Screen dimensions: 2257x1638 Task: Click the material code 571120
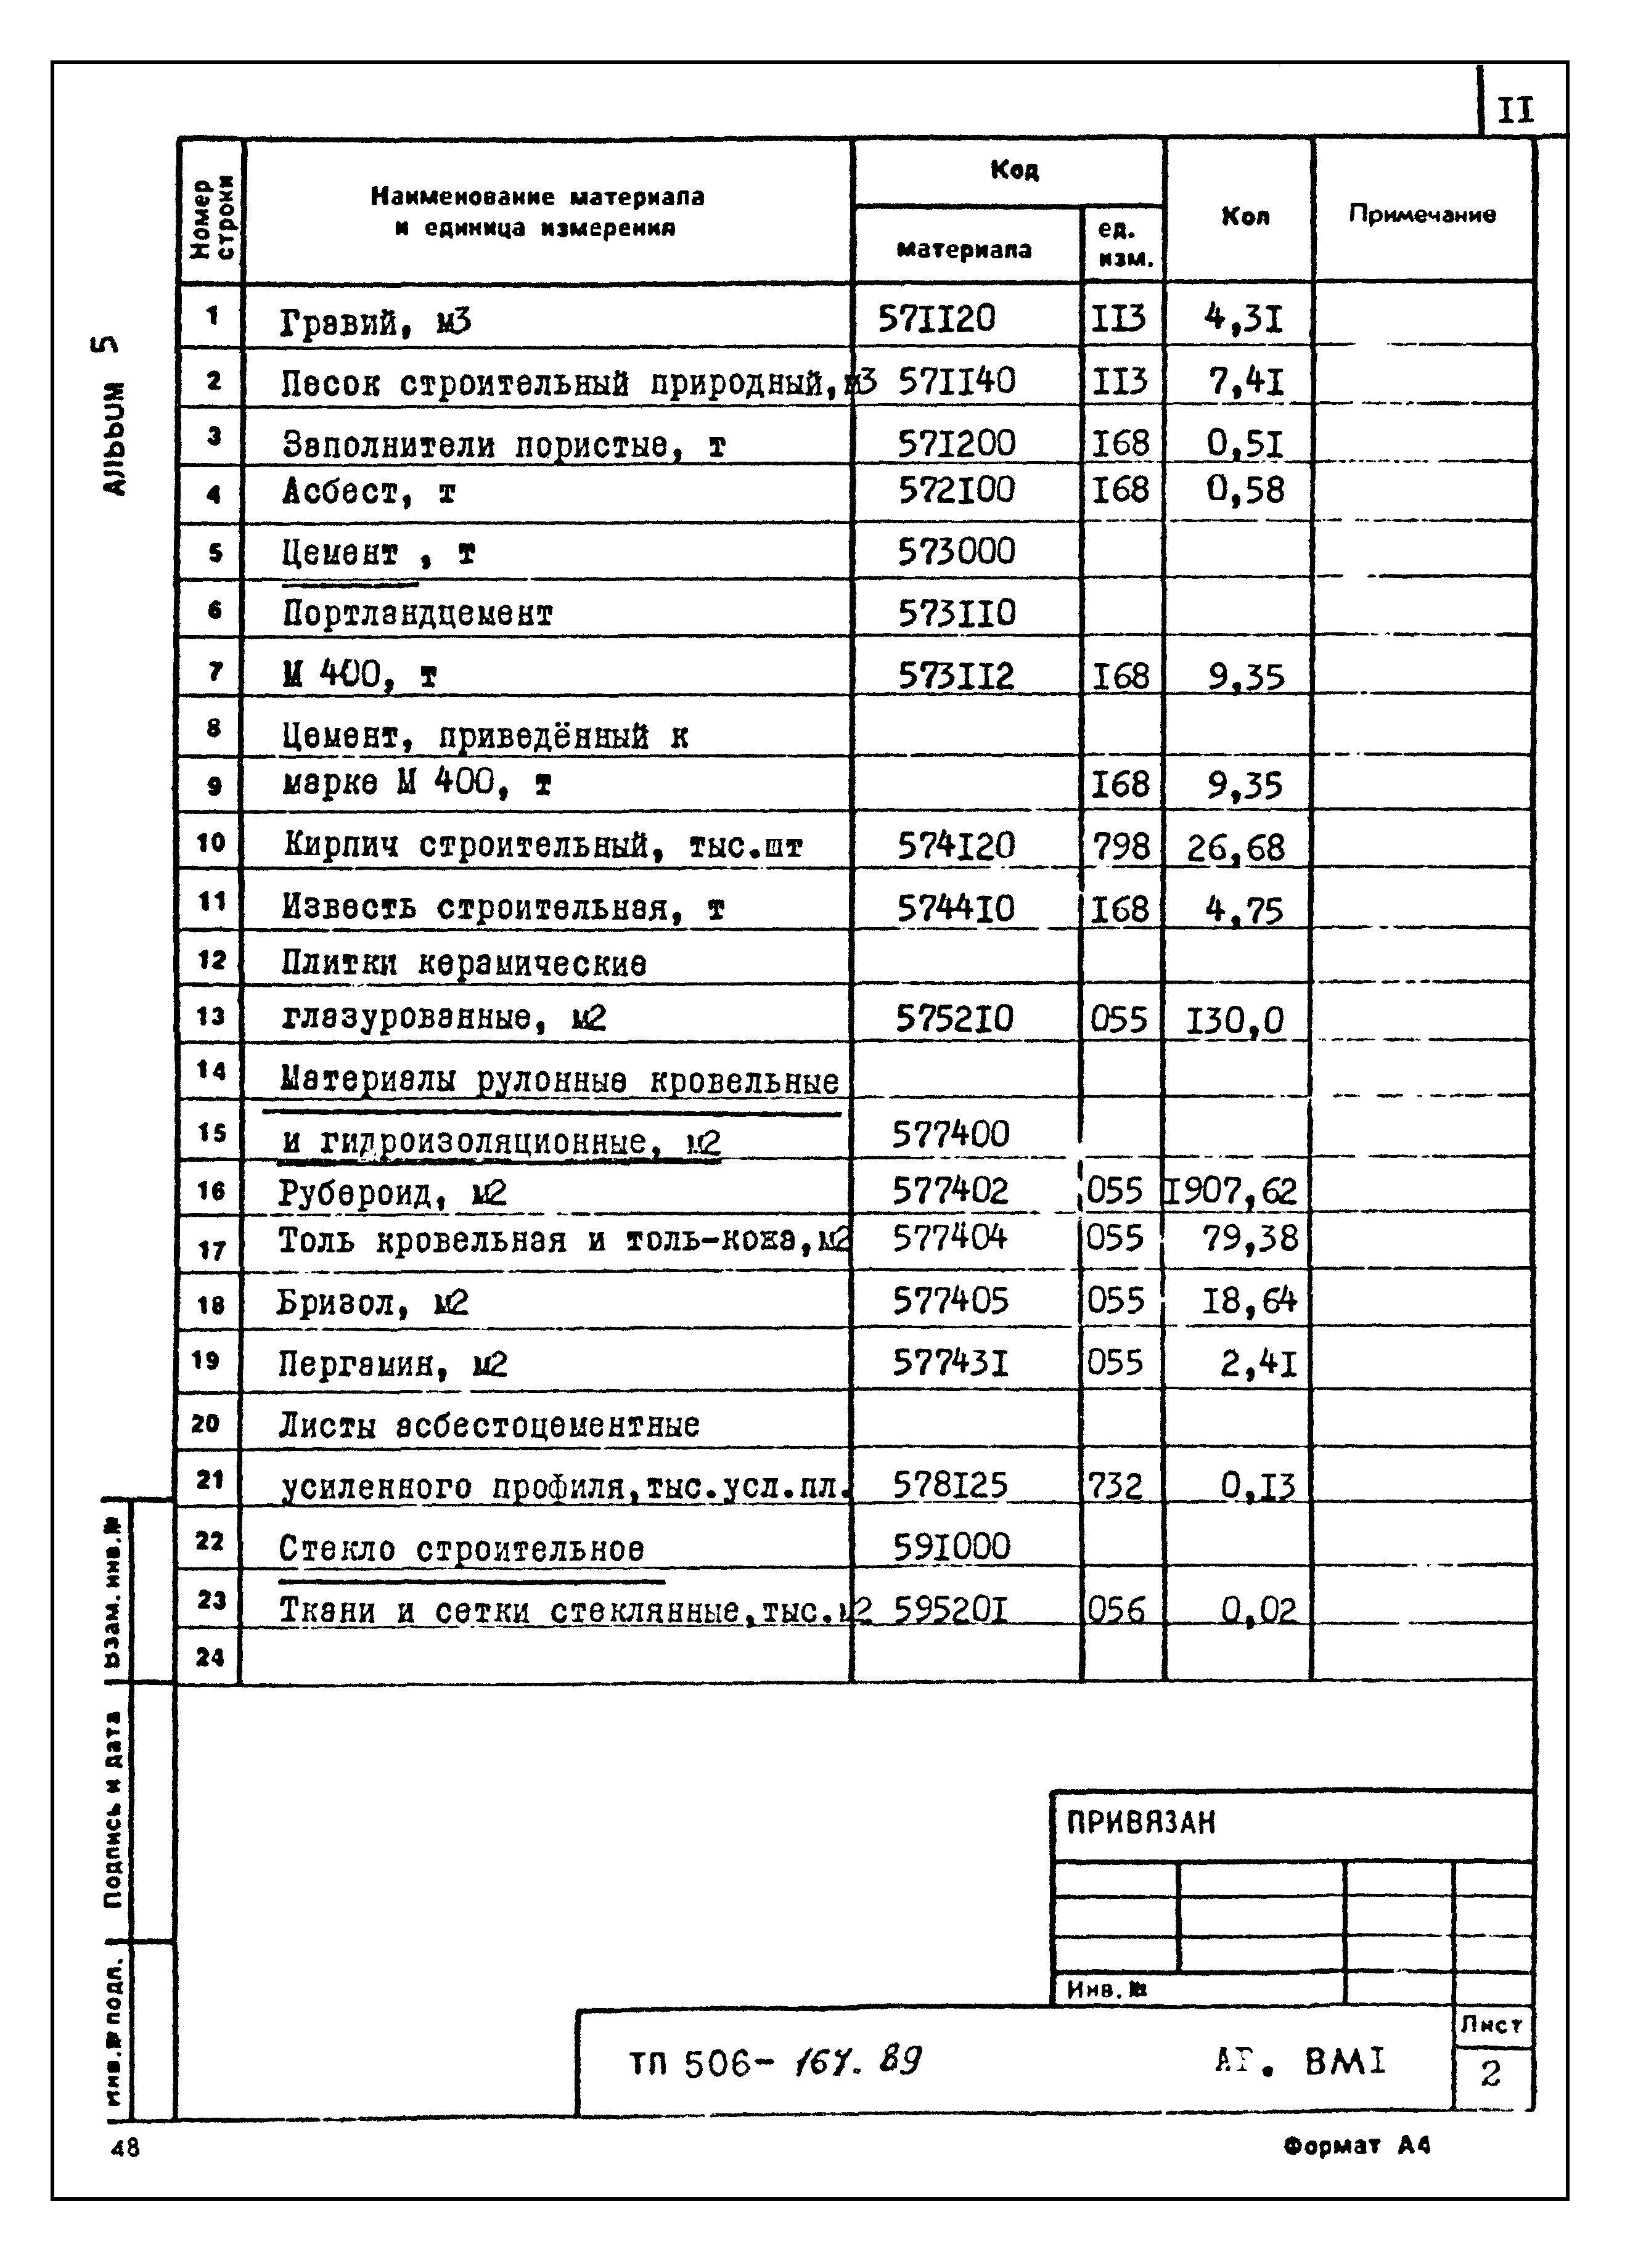pyautogui.click(x=935, y=319)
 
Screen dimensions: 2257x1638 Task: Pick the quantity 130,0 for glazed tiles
pyautogui.click(x=1235, y=1020)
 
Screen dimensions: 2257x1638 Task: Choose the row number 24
pyautogui.click(x=210, y=1657)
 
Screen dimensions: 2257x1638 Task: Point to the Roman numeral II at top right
pyautogui.click(x=1515, y=110)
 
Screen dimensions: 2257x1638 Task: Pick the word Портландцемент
pyautogui.click(x=417, y=614)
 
